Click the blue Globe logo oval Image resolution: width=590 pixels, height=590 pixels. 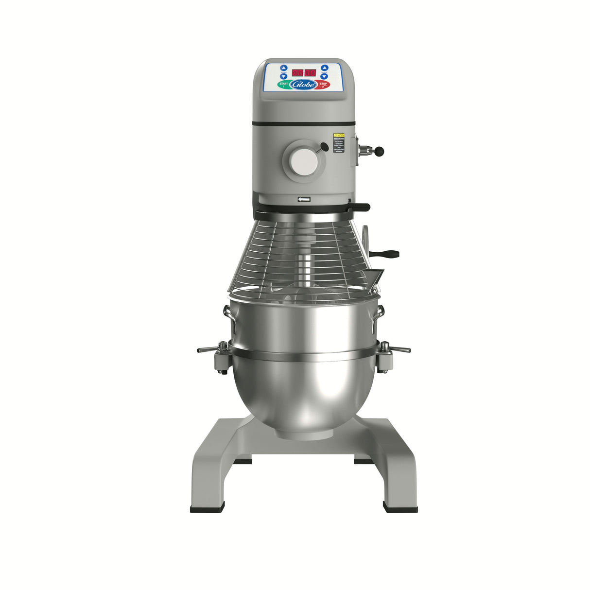click(x=304, y=85)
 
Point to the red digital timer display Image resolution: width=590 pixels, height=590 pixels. click(x=304, y=72)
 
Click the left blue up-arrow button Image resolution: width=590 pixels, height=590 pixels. click(x=284, y=68)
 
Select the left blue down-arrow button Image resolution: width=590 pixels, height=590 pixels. click(x=284, y=76)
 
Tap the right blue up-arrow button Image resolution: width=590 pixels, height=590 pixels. click(x=324, y=68)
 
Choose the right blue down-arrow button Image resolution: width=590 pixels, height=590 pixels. click(x=324, y=76)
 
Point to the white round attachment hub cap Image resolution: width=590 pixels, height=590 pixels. click(x=303, y=161)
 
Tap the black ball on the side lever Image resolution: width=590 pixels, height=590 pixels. click(x=381, y=152)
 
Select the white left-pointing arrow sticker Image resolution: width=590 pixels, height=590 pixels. click(x=304, y=199)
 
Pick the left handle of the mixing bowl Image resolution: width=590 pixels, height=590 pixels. click(x=226, y=312)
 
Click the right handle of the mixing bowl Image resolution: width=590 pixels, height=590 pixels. click(x=381, y=312)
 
